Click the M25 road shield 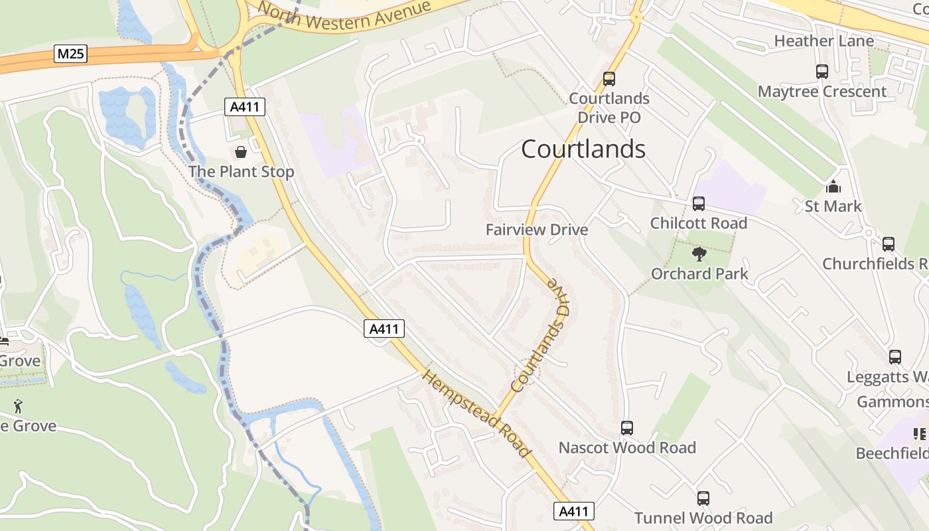(x=70, y=54)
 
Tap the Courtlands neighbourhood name (x=583, y=149)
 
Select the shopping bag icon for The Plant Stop (x=241, y=152)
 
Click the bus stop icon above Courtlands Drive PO (x=608, y=79)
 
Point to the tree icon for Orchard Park (x=699, y=254)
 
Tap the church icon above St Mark (x=833, y=187)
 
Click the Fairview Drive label (x=537, y=230)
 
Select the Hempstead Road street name (x=477, y=414)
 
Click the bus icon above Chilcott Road (x=698, y=203)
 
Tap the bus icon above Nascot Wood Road (x=626, y=428)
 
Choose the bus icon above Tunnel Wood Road (x=703, y=498)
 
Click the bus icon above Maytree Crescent (x=822, y=72)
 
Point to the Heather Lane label (x=823, y=41)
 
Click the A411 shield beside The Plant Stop (x=245, y=106)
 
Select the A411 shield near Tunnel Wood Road (x=573, y=511)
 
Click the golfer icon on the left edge (x=18, y=406)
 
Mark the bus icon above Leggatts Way (x=894, y=357)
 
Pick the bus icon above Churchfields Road (x=888, y=244)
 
